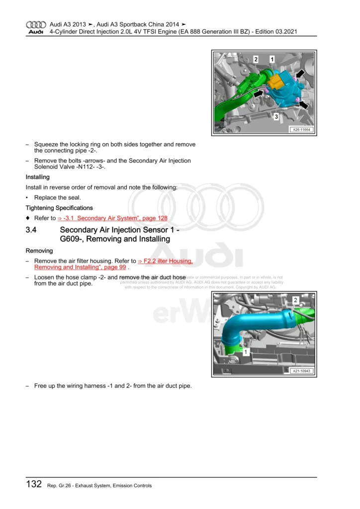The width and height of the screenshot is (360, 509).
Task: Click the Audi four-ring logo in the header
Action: coord(36,24)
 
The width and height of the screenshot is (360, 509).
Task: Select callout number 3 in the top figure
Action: coord(275,116)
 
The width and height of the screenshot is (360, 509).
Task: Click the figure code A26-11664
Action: coord(301,129)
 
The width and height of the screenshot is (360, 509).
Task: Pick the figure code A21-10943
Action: coord(302,371)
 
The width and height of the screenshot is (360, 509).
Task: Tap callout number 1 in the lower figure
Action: coord(246,351)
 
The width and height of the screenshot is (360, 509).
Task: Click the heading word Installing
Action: coord(37,177)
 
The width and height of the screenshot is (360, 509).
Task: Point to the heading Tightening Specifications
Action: coord(59,208)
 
